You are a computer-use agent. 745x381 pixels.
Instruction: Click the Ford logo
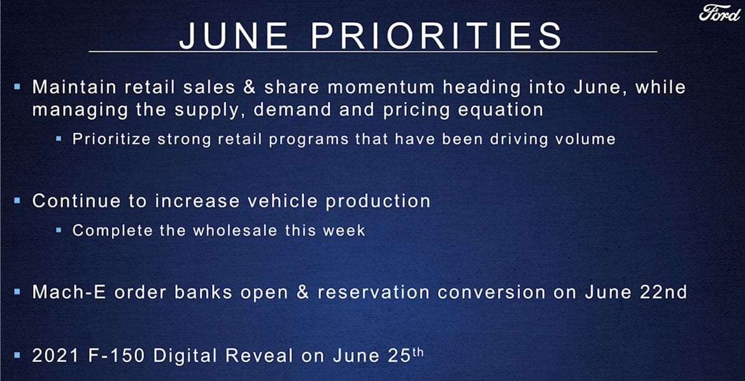click(x=720, y=13)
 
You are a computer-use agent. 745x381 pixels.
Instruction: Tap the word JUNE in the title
click(x=233, y=36)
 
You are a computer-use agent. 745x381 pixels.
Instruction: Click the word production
click(x=378, y=200)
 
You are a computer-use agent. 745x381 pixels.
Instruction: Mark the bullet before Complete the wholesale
click(x=59, y=231)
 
